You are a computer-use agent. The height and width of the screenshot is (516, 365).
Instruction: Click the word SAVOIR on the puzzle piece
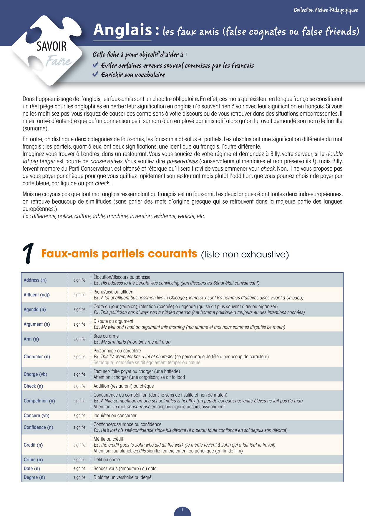point(52,46)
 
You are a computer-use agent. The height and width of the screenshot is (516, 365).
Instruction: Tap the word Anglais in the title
point(122,30)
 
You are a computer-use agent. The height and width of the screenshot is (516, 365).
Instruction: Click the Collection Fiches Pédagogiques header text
point(326,10)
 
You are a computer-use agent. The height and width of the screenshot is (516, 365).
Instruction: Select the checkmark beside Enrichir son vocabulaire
point(95,74)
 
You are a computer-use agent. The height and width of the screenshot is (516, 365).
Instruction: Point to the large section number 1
point(29,253)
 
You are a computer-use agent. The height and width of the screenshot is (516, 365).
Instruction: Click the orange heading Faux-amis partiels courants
point(119,254)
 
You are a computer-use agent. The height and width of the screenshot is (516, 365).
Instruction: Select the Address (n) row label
point(35,280)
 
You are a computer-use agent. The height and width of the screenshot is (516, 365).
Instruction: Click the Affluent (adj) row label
point(36,295)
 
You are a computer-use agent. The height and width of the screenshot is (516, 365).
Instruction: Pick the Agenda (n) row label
point(35,309)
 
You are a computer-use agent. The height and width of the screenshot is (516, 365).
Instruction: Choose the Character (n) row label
point(37,357)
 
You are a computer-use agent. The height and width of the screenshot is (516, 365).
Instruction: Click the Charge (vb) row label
point(35,374)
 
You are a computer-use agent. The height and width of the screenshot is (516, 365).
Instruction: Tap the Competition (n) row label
point(39,401)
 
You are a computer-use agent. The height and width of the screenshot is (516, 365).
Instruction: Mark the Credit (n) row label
point(33,445)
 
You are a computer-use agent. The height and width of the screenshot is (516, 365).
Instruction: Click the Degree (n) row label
point(34,477)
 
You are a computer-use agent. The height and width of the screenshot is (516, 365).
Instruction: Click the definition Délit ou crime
point(107,460)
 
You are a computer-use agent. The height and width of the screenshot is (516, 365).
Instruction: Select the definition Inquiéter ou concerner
point(115,415)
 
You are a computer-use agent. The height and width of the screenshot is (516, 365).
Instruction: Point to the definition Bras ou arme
point(106,336)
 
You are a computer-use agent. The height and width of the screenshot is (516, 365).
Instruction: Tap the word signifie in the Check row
point(79,386)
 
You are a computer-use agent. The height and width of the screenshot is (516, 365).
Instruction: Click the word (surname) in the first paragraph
point(36,128)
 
